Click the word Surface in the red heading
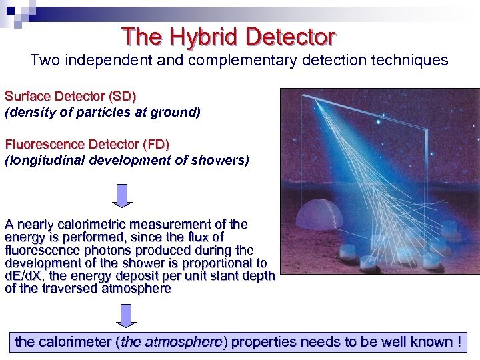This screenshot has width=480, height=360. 27,97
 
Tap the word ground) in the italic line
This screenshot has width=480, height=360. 178,113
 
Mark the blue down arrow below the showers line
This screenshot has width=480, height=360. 123,195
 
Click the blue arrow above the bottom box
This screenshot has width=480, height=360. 123,315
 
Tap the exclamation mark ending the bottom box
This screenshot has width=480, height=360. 459,342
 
